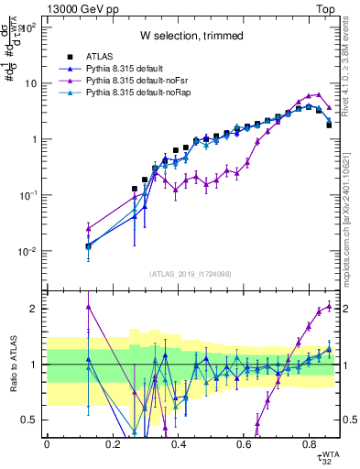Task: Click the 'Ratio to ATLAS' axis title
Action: tap(13, 364)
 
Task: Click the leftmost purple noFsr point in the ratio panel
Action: tap(88, 307)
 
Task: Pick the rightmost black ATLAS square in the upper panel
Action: tap(329, 125)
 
